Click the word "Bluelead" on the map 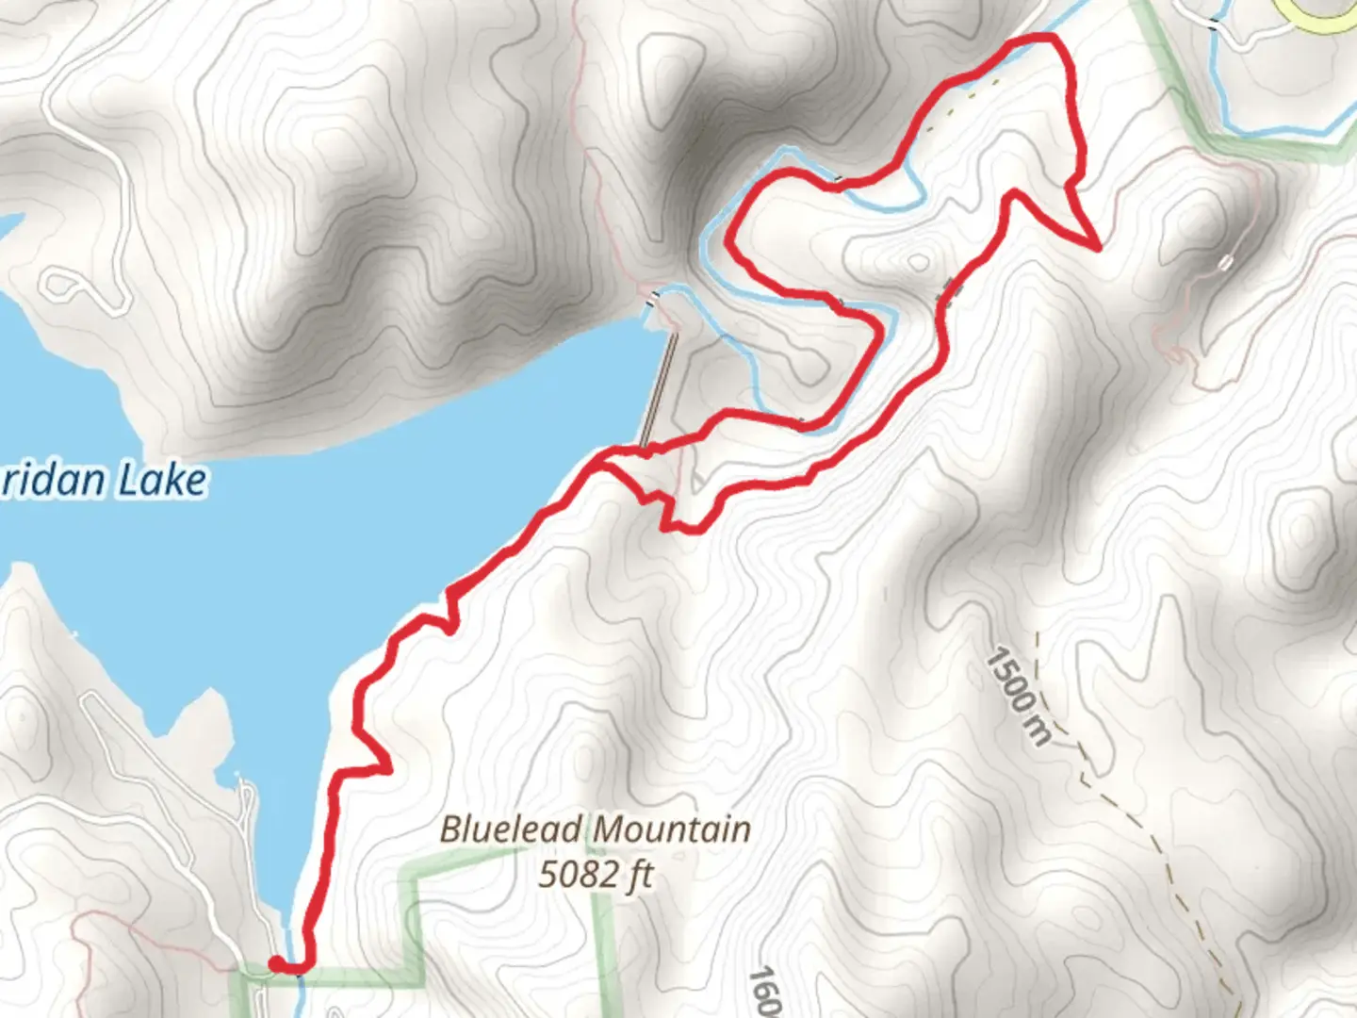515,829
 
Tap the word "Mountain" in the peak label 673,829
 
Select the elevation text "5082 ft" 596,875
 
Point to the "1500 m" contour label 1018,696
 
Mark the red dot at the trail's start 277,963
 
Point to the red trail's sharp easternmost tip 1098,248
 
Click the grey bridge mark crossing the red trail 948,291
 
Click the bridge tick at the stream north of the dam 653,301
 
